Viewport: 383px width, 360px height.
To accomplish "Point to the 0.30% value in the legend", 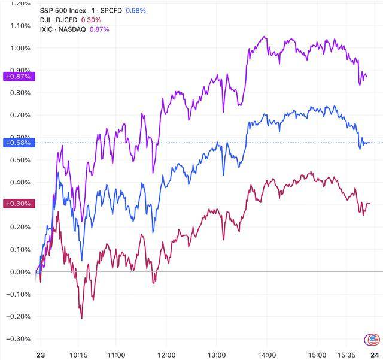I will pos(97,20).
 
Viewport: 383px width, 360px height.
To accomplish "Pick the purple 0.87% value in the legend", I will pos(99,29).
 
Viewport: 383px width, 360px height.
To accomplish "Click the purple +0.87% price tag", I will pos(19,77).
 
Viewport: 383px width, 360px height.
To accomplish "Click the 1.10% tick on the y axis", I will pos(20,26).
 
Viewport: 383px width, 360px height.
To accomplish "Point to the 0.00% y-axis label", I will pos(20,272).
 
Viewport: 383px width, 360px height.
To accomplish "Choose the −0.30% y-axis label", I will pos(19,339).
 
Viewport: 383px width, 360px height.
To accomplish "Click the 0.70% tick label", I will pos(20,115).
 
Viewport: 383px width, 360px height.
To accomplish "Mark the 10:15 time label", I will pos(78,355).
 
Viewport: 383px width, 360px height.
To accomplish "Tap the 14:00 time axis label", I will pos(267,355).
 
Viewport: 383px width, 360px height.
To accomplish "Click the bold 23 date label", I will pos(41,355).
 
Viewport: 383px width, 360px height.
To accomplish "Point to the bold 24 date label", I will pos(375,355).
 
